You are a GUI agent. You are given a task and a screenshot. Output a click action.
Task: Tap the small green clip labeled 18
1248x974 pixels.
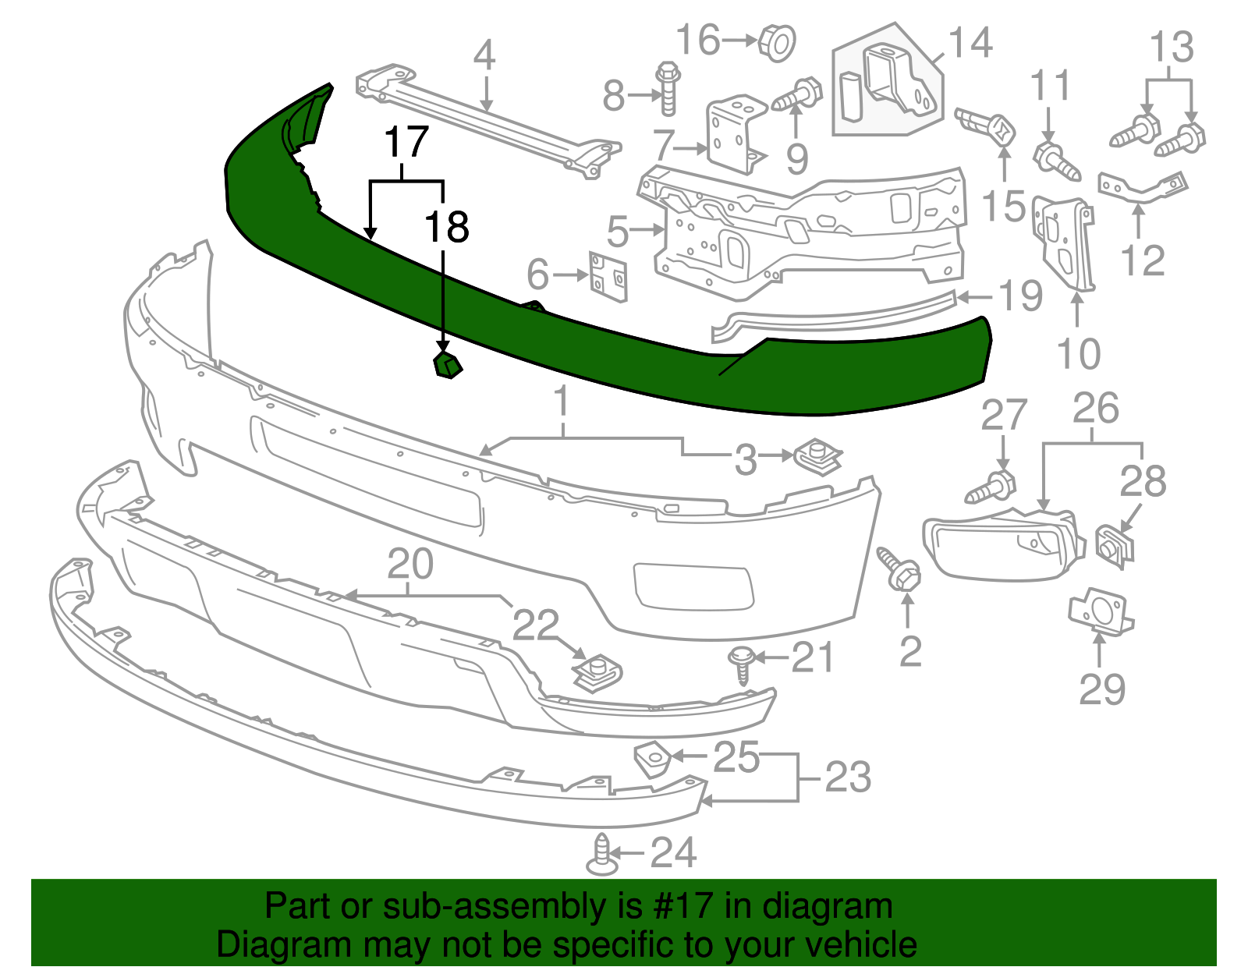coord(447,365)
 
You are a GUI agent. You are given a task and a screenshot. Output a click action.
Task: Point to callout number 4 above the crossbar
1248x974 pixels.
coord(484,55)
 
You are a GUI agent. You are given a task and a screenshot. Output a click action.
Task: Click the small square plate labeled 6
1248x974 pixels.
coord(608,276)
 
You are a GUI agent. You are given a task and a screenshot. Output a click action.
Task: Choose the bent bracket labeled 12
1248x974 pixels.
coord(1143,187)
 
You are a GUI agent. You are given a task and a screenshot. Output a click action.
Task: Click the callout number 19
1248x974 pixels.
coord(1020,296)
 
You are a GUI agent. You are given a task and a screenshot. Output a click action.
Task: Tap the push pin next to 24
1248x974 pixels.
coord(601,855)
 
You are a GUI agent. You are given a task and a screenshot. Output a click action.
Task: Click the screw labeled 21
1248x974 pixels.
coord(741,664)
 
